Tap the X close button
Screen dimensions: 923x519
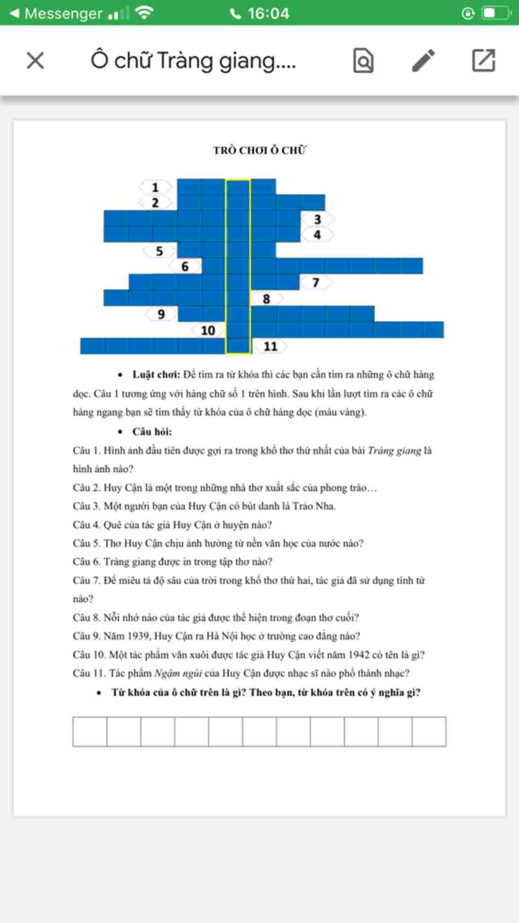[35, 61]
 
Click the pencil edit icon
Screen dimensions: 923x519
[423, 61]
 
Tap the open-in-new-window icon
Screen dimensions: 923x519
[484, 61]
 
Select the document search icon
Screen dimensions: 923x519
[363, 61]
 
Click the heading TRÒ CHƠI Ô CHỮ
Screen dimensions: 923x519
[259, 150]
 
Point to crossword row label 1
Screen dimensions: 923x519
[155, 187]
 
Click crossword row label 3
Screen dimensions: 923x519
[317, 219]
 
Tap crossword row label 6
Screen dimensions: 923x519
[185, 266]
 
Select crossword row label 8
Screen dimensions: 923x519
[266, 299]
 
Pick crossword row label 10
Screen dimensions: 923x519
[208, 330]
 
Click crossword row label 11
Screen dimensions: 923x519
[270, 346]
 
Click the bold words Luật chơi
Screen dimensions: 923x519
[156, 375]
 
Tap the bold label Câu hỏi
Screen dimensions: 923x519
[152, 432]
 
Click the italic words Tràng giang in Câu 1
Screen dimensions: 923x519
[394, 450]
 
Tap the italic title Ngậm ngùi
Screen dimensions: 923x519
[178, 673]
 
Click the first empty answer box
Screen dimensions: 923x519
[90, 731]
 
